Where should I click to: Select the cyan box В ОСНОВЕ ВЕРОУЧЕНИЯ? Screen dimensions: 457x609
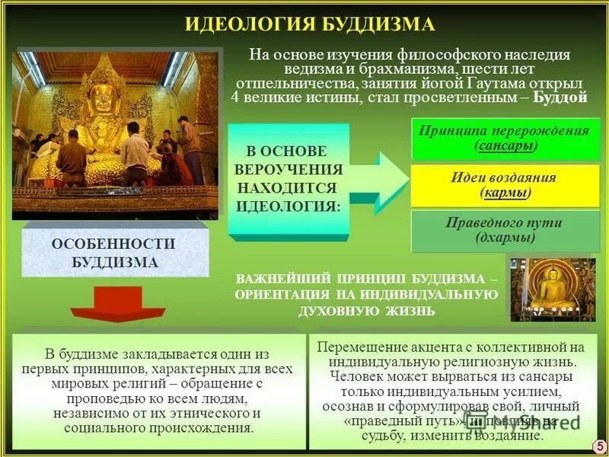[289, 180]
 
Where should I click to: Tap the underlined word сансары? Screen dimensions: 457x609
[505, 145]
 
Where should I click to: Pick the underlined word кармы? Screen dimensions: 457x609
[505, 193]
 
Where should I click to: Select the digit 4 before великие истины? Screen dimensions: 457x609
[234, 97]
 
